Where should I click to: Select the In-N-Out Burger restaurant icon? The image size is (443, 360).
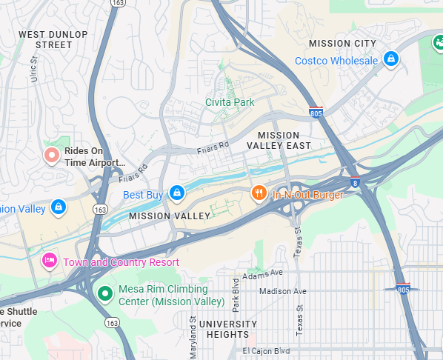[259, 193]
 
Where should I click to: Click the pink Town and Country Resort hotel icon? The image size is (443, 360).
[50, 260]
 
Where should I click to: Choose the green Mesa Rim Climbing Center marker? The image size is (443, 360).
[105, 294]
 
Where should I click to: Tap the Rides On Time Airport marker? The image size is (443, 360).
[51, 156]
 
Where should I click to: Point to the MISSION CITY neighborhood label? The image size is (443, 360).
[342, 44]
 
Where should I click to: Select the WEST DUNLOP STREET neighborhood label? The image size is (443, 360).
[53, 40]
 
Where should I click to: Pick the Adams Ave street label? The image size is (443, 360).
[262, 273]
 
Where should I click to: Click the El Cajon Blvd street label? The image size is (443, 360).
[266, 350]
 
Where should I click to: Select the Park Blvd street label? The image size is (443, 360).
[236, 293]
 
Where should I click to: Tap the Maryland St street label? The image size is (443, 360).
[193, 337]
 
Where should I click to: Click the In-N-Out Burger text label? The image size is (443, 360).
[307, 195]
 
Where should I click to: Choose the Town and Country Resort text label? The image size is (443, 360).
[121, 262]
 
